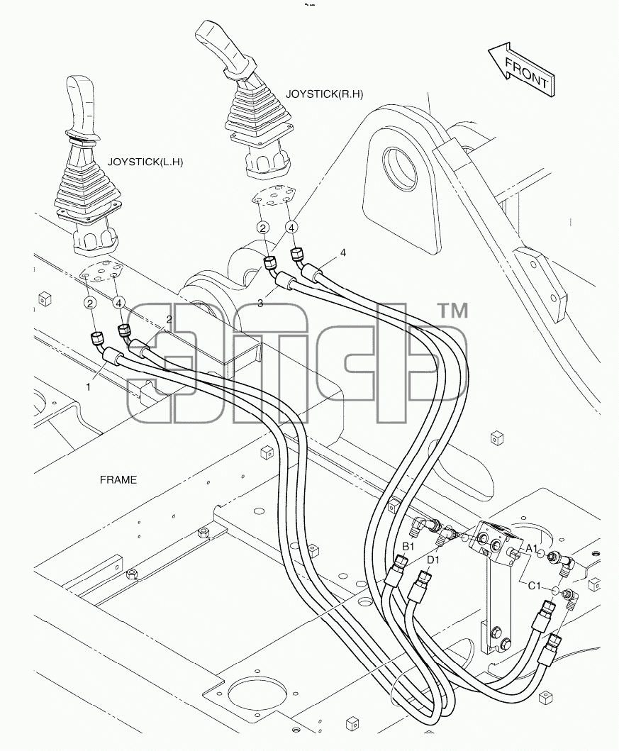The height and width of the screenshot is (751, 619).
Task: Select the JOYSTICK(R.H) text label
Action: pyautogui.click(x=324, y=94)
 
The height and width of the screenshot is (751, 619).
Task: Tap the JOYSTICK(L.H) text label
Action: pyautogui.click(x=145, y=162)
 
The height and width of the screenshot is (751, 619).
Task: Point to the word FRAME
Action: pyautogui.click(x=118, y=479)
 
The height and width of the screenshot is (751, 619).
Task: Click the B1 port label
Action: pyautogui.click(x=408, y=547)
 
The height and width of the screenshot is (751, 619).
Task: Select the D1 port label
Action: pyautogui.click(x=433, y=560)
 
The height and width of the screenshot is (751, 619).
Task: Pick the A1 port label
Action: pyautogui.click(x=532, y=548)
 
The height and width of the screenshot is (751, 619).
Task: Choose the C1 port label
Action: pyautogui.click(x=534, y=586)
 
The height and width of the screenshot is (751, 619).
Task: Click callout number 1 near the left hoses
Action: pyautogui.click(x=88, y=387)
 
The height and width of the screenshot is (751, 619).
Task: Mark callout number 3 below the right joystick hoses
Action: pyautogui.click(x=260, y=304)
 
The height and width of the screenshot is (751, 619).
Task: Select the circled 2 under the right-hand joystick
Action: pyautogui.click(x=263, y=228)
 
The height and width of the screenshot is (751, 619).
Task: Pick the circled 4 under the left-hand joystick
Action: pyautogui.click(x=118, y=303)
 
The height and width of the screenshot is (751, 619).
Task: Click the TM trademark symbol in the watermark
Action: pyautogui.click(x=453, y=311)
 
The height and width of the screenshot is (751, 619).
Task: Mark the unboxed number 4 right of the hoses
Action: pyautogui.click(x=342, y=252)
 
